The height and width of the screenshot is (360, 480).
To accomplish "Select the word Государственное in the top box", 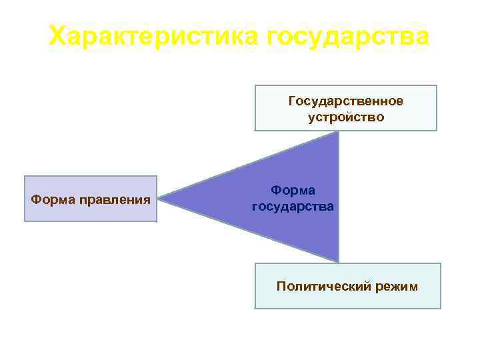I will tap(345, 101).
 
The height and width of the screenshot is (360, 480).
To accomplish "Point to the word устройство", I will tap(345, 117).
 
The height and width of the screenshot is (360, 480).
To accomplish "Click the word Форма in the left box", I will tap(53, 199).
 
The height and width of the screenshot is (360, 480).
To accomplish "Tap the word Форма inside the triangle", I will tap(293, 190).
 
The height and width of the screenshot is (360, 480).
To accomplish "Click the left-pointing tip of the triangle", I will tap(162, 198).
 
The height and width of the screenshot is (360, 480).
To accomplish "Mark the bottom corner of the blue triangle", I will tap(338, 261).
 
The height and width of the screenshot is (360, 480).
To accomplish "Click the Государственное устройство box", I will tap(345, 108).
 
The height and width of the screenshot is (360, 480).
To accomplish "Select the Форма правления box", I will tap(91, 199).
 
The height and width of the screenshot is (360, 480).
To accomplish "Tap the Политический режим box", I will tap(347, 286).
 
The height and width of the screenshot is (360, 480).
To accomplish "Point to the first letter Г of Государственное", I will tap(291, 101).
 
